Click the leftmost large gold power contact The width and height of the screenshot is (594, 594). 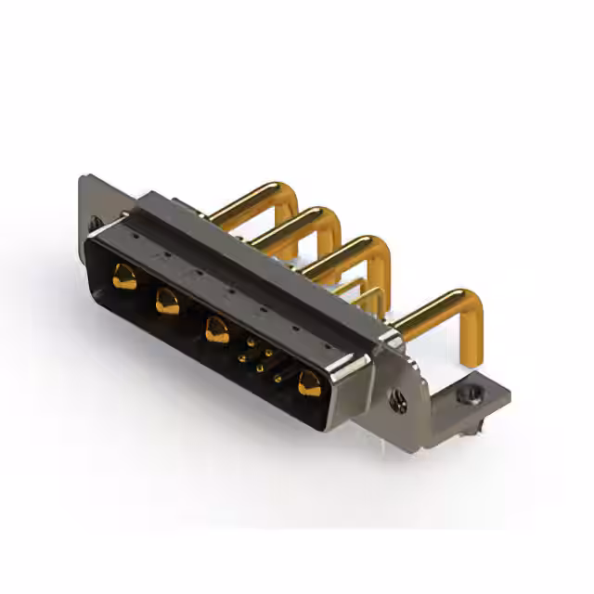(123, 275)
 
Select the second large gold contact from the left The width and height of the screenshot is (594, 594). (167, 301)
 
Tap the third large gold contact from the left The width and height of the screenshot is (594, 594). (217, 329)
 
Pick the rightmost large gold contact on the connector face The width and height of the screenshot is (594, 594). (309, 382)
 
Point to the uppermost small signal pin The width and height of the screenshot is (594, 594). (251, 342)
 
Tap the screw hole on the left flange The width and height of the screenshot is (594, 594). (95, 223)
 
